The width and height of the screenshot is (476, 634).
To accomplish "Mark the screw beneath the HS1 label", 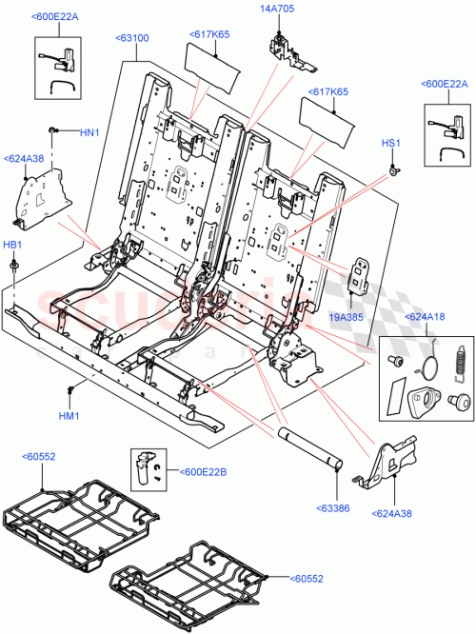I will tap(392, 171).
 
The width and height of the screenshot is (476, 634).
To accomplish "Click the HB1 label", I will tap(12, 245).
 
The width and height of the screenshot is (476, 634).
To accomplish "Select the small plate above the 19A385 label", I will tap(361, 273).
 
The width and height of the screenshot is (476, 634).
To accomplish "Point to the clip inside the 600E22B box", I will tap(145, 466).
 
